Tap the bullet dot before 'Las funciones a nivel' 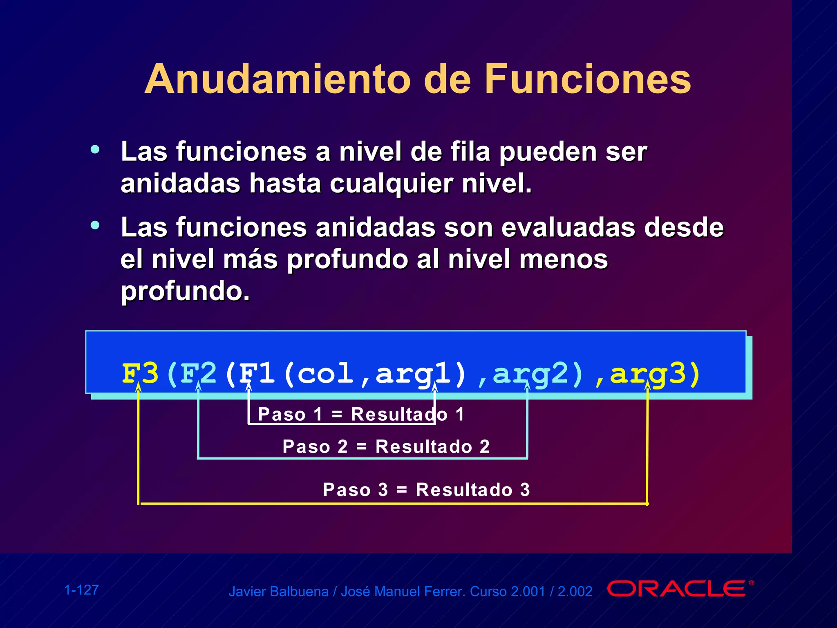95,149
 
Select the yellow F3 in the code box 140,373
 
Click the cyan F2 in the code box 198,373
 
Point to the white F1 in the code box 257,373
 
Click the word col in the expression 325,373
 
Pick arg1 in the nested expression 413,373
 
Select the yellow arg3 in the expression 647,373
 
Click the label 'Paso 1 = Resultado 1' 361,415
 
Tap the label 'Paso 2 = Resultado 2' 386,446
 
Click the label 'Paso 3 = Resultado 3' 426,489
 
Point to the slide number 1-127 81,590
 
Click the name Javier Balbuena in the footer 278,592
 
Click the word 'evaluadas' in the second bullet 568,227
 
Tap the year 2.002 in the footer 575,592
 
